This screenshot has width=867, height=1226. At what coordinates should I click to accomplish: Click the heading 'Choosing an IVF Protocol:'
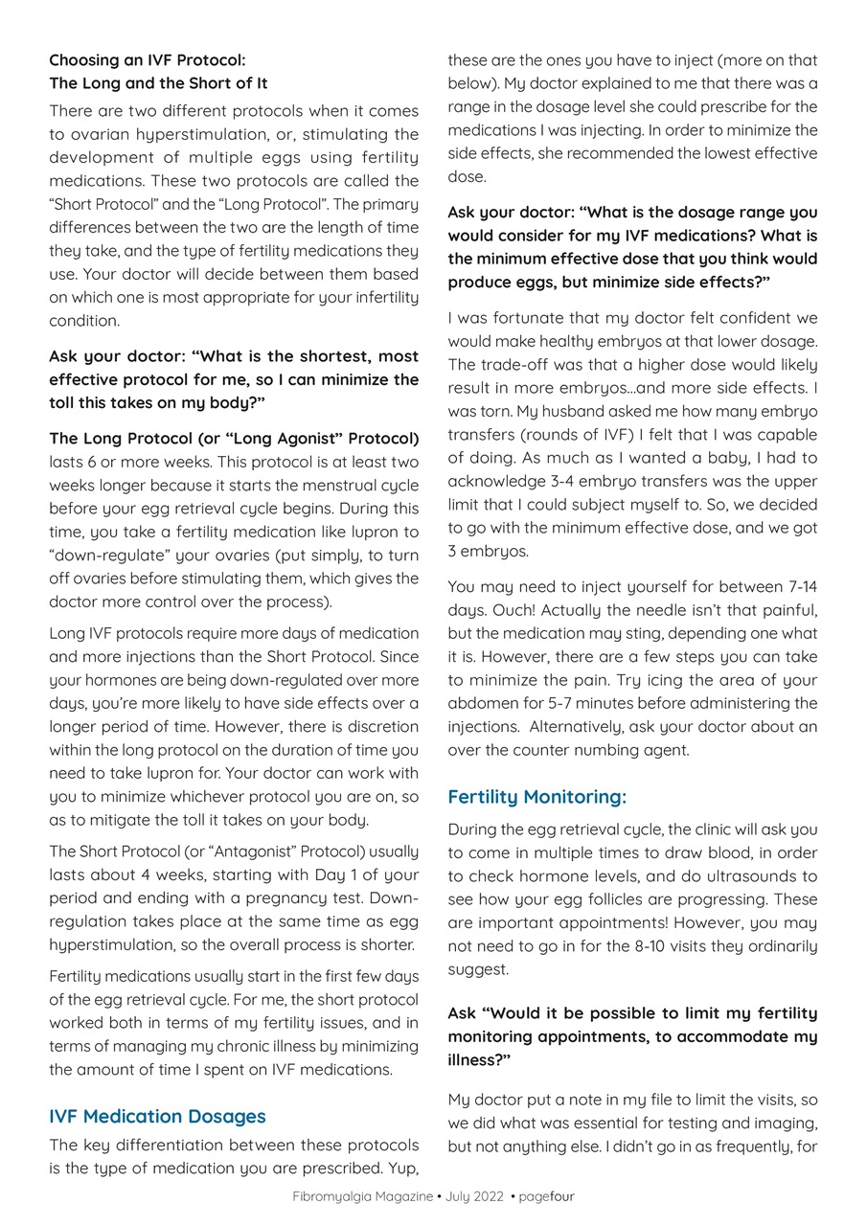[148, 60]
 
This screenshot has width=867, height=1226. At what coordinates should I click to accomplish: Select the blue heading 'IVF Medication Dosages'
[157, 1116]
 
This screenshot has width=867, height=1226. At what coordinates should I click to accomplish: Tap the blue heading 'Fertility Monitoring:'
[536, 797]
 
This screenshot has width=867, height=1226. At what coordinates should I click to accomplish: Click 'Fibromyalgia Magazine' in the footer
[362, 1196]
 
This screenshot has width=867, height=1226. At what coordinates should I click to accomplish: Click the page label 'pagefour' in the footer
[546, 1196]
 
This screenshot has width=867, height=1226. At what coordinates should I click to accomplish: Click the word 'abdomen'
[480, 703]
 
